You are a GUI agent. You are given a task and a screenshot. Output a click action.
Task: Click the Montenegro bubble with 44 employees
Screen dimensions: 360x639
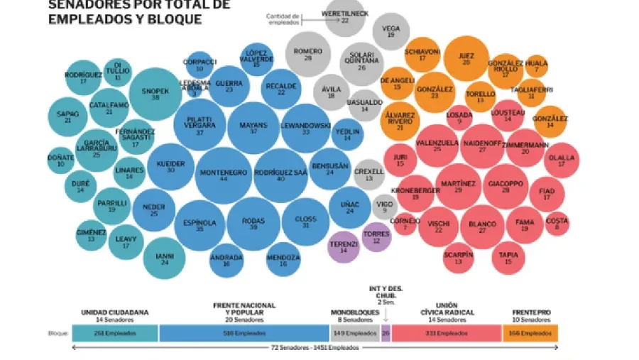coord(224,175)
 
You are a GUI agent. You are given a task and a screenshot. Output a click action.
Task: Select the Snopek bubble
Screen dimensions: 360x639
coord(155,94)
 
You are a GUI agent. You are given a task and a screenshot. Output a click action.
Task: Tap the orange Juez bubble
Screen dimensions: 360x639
coord(466,59)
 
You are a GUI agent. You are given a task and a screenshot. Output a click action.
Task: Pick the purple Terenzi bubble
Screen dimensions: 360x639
coord(344,246)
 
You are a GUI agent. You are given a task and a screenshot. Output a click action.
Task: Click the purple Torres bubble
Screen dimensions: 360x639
coord(376,236)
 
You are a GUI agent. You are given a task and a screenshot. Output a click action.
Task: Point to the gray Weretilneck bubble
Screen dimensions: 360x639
coord(345,17)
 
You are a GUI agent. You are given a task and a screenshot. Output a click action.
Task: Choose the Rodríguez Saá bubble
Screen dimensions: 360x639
coord(280,175)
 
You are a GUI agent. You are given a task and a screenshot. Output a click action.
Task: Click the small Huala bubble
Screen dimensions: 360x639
coord(537,66)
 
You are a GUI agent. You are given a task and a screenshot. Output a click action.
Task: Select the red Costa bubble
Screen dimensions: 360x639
coord(557,224)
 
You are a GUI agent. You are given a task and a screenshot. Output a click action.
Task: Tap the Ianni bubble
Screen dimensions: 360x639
coord(165,258)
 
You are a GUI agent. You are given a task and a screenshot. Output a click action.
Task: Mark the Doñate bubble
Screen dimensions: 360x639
coord(61,160)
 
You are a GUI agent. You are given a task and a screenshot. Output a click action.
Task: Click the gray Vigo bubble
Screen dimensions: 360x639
coord(385,207)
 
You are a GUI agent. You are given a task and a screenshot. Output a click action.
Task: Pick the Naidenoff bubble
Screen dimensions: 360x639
coord(482,146)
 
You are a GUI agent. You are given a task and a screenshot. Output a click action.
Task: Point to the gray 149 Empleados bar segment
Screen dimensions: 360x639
coord(354,332)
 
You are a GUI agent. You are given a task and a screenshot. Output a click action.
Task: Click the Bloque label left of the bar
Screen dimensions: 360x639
coord(58,332)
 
